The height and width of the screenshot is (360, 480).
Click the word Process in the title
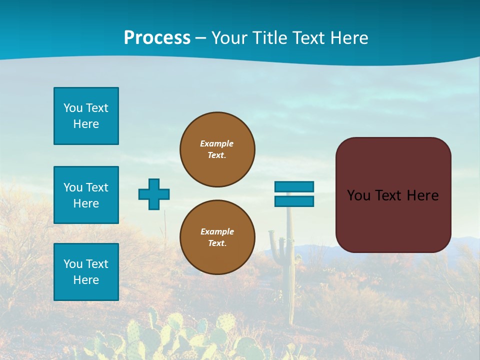click(157, 38)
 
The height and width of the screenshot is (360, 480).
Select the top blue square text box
click(86, 116)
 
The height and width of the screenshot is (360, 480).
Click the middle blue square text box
click(86, 195)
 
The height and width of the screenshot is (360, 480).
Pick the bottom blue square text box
click(86, 272)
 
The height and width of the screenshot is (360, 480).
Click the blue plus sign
click(154, 194)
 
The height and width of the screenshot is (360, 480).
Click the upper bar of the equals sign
click(294, 186)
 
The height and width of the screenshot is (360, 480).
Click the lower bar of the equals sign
click(294, 201)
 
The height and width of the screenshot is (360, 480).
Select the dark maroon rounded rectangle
click(393, 220)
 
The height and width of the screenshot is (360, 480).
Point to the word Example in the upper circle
click(217, 143)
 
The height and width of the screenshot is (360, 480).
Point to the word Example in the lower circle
click(217, 231)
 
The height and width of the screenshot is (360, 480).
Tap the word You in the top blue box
click(72, 108)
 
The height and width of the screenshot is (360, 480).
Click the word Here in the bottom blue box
click(86, 280)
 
